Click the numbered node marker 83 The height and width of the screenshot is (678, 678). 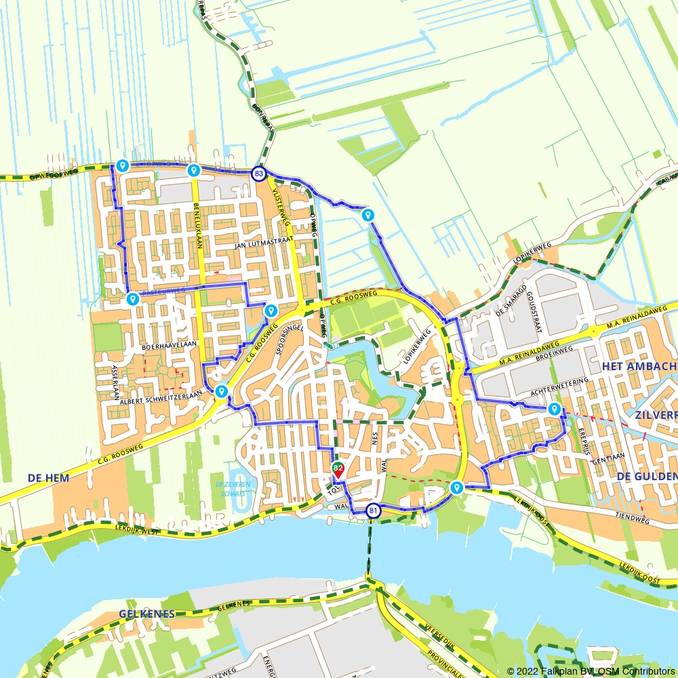258,174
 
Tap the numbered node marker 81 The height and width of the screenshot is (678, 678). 373,511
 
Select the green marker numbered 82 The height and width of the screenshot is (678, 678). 338,468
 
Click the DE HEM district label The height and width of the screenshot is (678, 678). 48,478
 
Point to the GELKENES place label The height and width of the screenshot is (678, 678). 146,614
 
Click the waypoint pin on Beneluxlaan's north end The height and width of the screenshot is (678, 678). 194,169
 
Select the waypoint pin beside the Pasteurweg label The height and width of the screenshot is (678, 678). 133,298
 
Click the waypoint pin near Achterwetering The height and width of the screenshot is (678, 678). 555,409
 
